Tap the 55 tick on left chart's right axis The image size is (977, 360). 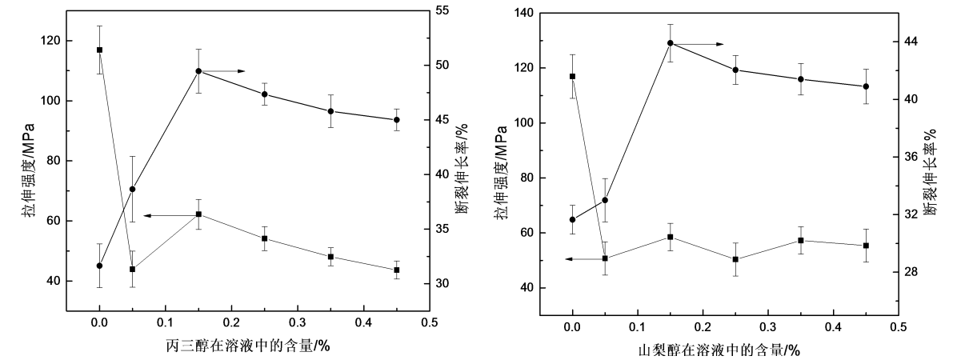coord(441,10)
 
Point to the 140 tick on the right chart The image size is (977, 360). coord(522,13)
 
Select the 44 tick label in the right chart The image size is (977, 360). coord(910,42)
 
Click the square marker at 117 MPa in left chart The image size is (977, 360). coord(100,50)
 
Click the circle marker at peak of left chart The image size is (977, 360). coord(198,71)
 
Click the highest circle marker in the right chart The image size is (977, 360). coord(671,43)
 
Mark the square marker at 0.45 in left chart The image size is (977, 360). coord(396,270)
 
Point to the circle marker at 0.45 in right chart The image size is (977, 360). coord(866,86)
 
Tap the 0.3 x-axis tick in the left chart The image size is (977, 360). coord(298,322)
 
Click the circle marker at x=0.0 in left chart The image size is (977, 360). coord(100,266)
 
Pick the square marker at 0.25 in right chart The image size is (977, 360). coord(735,259)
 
